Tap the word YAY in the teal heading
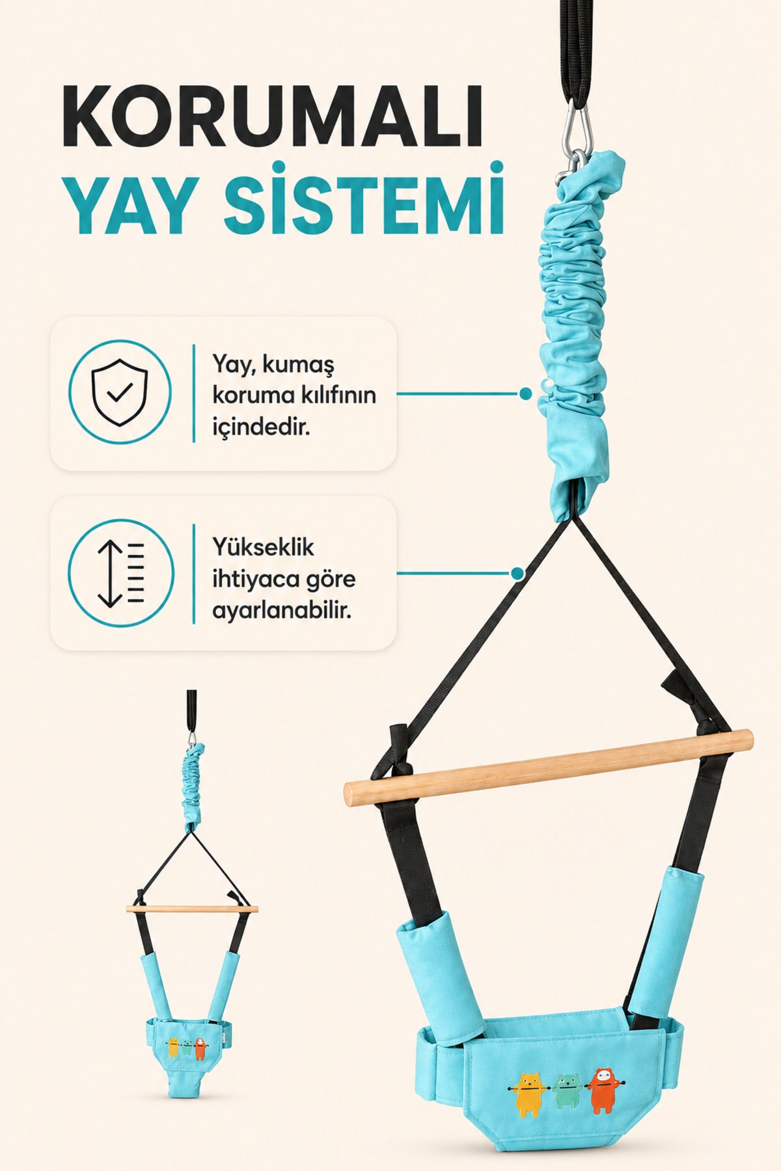(134, 203)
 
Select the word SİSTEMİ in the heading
(365, 198)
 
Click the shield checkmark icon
(120, 392)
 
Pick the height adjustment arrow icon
(121, 573)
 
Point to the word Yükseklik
(263, 548)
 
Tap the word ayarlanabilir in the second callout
(282, 611)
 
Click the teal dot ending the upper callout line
(525, 394)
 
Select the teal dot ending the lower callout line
(517, 574)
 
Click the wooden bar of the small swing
(192, 908)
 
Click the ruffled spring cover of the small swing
(193, 787)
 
